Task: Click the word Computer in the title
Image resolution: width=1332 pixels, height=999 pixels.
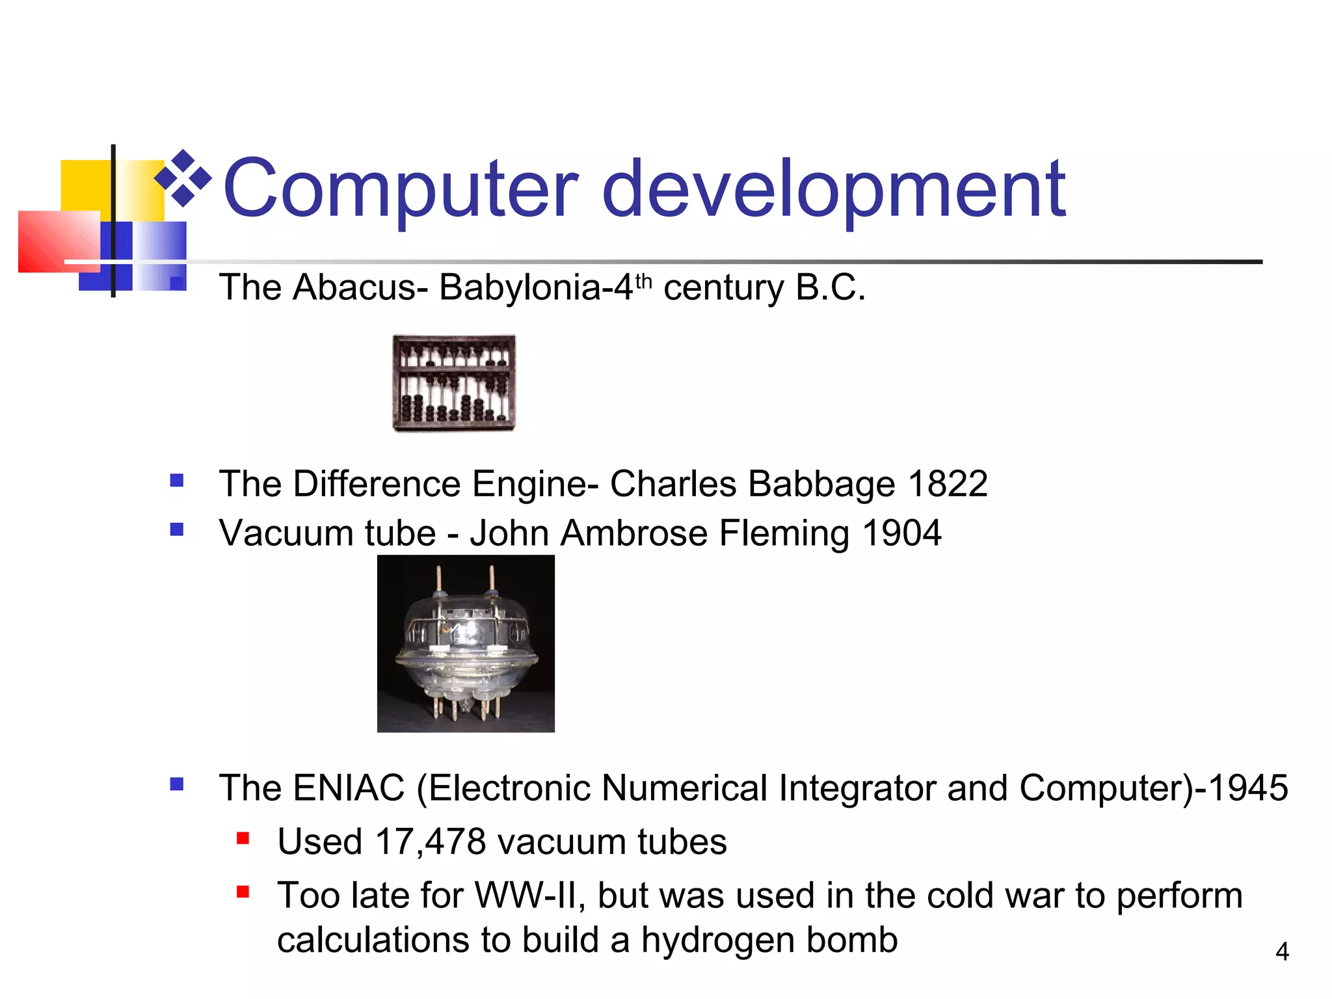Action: [399, 190]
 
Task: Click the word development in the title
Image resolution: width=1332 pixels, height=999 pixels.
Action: [834, 190]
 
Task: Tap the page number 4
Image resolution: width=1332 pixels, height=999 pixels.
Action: [1282, 952]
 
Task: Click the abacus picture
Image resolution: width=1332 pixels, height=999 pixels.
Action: [454, 382]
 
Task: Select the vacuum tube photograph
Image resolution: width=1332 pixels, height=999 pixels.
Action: [466, 643]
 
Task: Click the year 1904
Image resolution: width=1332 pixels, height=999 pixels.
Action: [901, 533]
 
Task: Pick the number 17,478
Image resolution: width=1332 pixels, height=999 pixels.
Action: [431, 842]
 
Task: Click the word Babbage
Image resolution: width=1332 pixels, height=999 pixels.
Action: [821, 484]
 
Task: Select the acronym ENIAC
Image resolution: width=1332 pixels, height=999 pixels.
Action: [349, 788]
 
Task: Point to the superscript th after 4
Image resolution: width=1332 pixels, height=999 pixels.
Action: [643, 282]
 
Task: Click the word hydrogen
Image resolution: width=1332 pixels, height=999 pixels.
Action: [718, 940]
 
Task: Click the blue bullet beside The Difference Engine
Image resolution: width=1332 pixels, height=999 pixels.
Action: [177, 481]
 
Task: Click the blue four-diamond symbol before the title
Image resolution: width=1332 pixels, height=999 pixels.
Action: [183, 178]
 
